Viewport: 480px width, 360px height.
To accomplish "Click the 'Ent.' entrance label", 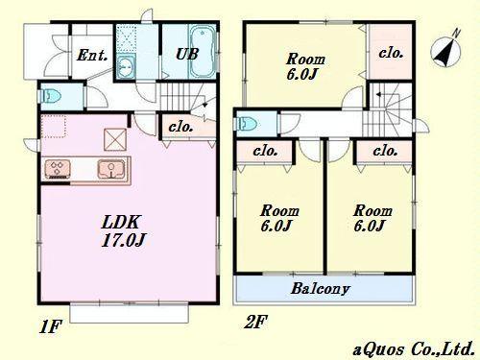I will coord(92,54).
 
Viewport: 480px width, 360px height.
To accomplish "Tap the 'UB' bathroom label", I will coord(188,54).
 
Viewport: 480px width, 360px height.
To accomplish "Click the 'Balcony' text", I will coord(322,288).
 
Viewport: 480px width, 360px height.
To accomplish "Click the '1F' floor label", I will coord(50,326).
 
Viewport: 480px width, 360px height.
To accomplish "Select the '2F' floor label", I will coord(254,323).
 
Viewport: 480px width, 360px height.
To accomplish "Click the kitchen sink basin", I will coord(111,170).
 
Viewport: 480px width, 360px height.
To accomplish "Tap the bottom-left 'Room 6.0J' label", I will coord(278,218).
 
